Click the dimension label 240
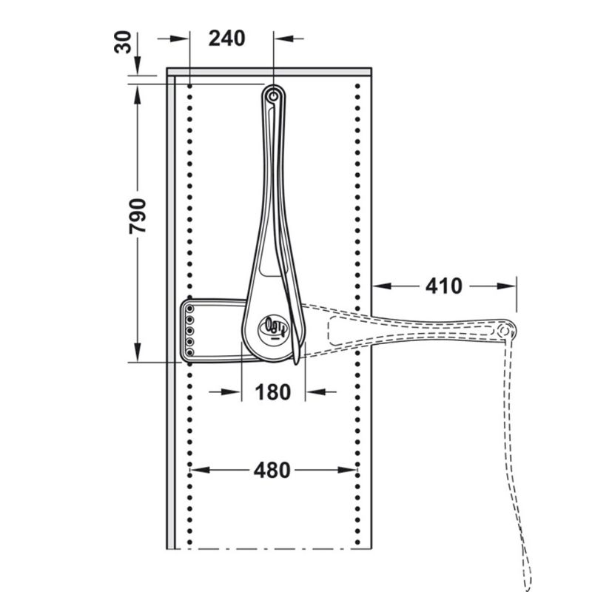tap(226, 38)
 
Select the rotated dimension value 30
tap(127, 43)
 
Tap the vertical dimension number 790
tap(139, 215)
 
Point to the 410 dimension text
tap(443, 286)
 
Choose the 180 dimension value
tap(273, 392)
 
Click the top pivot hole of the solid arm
tap(275, 95)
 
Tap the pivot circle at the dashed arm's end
tap(505, 330)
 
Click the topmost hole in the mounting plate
tap(190, 307)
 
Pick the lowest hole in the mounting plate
tap(190, 353)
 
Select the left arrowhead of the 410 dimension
tap(378, 286)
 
